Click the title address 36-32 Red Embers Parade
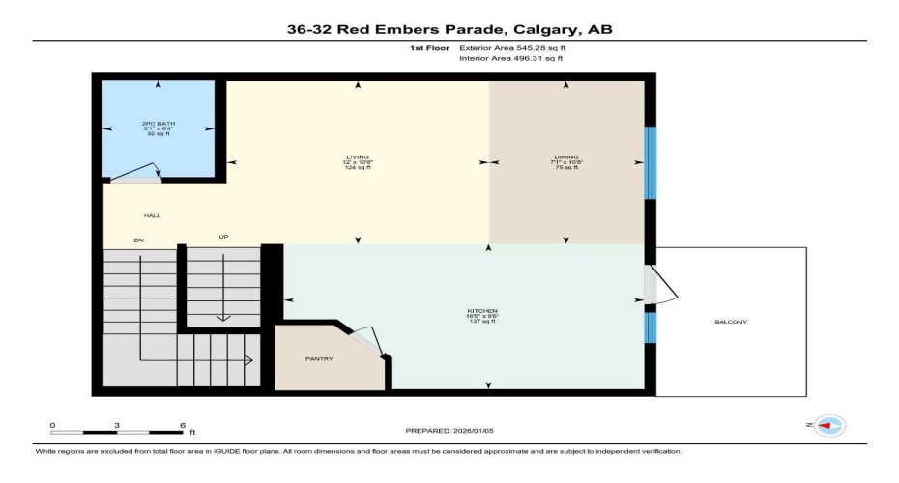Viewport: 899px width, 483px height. (449, 29)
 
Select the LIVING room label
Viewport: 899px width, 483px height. (358, 156)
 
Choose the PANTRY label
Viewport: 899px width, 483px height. (319, 359)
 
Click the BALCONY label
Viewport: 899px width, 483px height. (731, 322)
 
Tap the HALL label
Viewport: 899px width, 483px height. (152, 215)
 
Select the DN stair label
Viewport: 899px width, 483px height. (138, 239)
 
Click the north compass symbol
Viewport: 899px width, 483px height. (829, 425)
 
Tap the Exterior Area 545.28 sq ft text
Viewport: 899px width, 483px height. (511, 46)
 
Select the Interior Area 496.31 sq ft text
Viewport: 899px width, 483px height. (510, 59)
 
